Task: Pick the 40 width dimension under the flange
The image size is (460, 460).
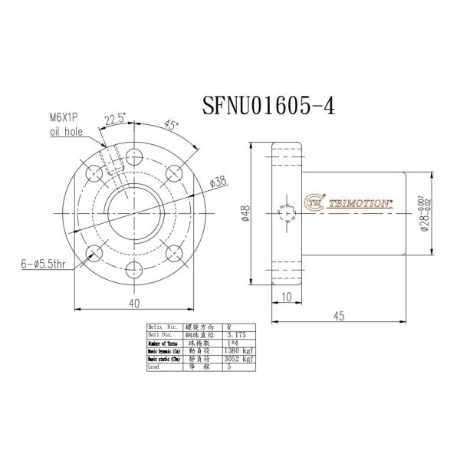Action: pyautogui.click(x=134, y=304)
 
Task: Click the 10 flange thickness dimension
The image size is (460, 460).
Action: pyautogui.click(x=287, y=297)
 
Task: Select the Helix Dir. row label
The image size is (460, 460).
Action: pyautogui.click(x=163, y=327)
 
